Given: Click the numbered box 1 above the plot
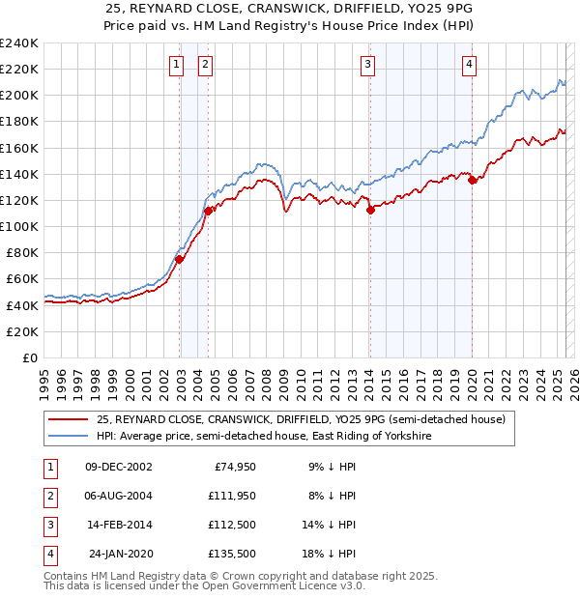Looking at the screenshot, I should pyautogui.click(x=177, y=65).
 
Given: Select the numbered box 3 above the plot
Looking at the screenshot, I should pyautogui.click(x=368, y=65).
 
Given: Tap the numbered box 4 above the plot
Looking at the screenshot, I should pyautogui.click(x=469, y=65).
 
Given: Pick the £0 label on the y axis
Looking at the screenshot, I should pyautogui.click(x=29, y=357).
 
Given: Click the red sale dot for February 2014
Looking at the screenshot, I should pyautogui.click(x=370, y=211).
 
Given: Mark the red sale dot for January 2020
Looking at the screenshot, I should pyautogui.click(x=472, y=180).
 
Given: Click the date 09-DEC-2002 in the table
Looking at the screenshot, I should pyautogui.click(x=119, y=467).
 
